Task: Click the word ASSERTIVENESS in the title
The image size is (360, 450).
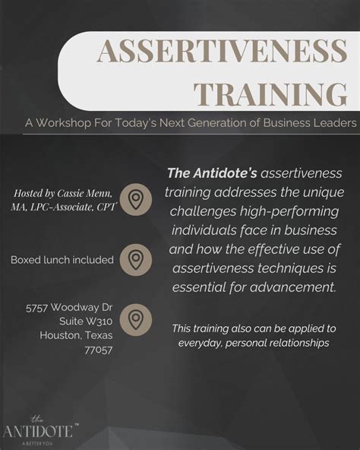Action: coord(222,52)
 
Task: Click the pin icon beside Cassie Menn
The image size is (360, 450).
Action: coord(136,199)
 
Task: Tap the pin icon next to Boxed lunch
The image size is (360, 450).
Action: coord(136,259)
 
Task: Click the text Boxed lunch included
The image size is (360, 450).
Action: coord(62,260)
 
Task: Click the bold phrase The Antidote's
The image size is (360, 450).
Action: coord(211,174)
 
